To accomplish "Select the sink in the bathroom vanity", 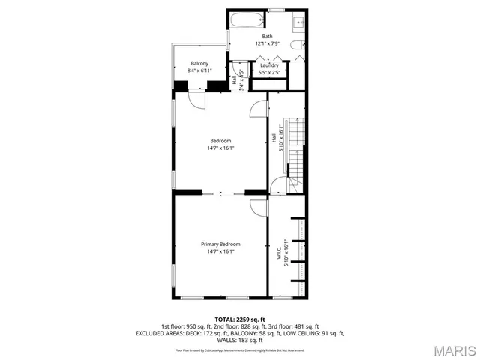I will [298, 21].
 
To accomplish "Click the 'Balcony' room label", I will [199, 63].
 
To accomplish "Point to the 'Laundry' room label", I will [269, 66].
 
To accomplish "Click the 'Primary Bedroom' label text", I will [220, 244].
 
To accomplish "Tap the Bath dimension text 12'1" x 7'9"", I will [267, 43].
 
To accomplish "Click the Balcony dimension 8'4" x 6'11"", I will [199, 70].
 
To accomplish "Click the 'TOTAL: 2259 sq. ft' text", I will [240, 319].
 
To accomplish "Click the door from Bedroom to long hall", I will [259, 108].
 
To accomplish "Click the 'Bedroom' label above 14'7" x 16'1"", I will [220, 141].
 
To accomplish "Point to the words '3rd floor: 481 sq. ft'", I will [295, 326].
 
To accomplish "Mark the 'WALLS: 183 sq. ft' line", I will [240, 340].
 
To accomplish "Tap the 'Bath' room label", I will [267, 36].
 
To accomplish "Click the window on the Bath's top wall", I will [276, 10].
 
